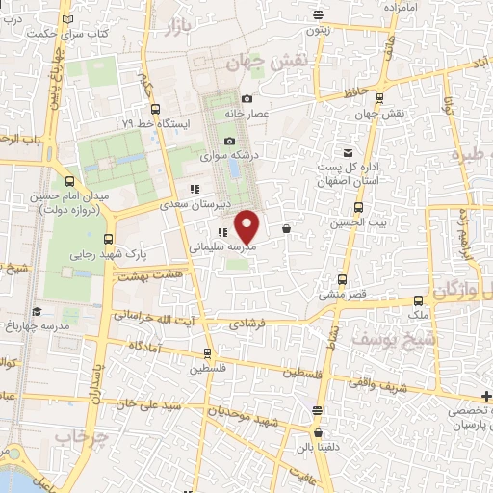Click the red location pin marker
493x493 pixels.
248,226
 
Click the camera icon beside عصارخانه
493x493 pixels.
247,99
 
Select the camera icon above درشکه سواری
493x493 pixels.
229,142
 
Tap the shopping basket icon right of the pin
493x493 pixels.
287,229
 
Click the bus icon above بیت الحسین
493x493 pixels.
359,207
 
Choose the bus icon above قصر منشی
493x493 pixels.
342,281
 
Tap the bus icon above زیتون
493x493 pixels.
320,14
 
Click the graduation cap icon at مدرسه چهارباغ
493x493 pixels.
37,311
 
